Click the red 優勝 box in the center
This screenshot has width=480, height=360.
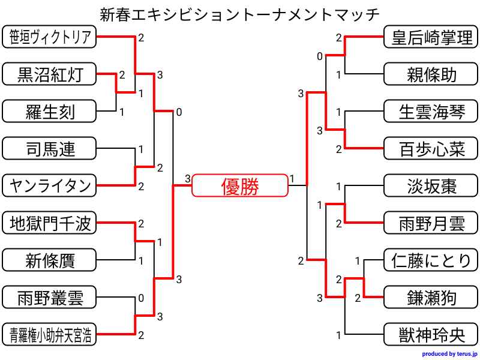tap(239, 185)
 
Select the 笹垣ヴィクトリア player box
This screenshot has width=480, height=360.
tap(49, 37)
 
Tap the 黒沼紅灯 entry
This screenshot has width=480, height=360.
tap(49, 74)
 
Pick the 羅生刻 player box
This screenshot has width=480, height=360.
tap(49, 111)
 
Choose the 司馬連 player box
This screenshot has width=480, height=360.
tap(49, 148)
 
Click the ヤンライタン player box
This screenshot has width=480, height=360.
tap(49, 185)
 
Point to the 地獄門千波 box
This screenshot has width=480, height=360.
tap(49, 223)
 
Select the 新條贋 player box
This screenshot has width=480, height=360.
tap(49, 260)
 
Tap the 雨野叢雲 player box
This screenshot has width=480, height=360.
tap(49, 297)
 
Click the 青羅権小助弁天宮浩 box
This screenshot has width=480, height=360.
tap(49, 334)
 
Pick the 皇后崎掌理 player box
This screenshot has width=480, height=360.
tap(431, 37)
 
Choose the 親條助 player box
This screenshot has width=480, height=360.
tap(431, 74)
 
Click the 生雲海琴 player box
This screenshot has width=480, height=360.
tap(431, 111)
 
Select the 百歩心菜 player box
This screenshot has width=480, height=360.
tap(431, 148)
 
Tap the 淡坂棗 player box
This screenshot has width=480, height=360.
tap(431, 185)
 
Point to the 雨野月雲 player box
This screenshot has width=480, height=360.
tap(431, 223)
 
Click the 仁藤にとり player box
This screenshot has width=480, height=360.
tap(431, 260)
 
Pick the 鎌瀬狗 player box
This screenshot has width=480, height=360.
tap(431, 297)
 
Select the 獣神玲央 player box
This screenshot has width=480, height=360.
tap(431, 334)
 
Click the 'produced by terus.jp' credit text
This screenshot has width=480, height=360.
tap(449, 354)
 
